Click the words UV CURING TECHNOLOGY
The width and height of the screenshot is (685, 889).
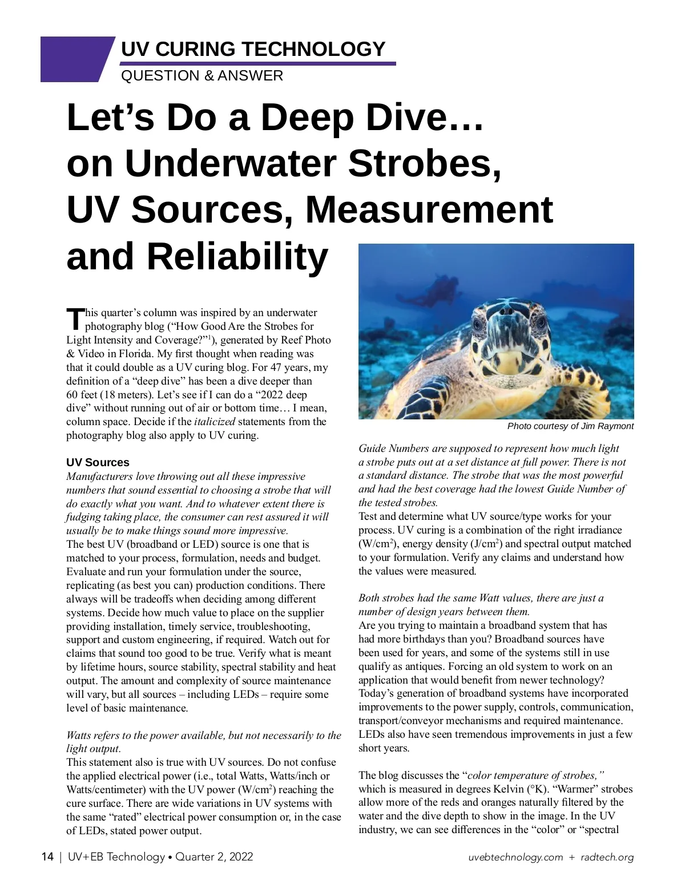click(253, 50)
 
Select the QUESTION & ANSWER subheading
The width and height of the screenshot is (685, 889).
click(202, 76)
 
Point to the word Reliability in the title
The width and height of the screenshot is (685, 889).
click(237, 257)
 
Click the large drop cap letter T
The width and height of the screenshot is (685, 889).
click(75, 319)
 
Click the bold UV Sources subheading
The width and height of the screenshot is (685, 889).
click(98, 462)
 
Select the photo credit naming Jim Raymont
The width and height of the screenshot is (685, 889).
click(570, 426)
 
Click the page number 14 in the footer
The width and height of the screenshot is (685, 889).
click(47, 856)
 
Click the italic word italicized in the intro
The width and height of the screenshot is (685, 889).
click(215, 422)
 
